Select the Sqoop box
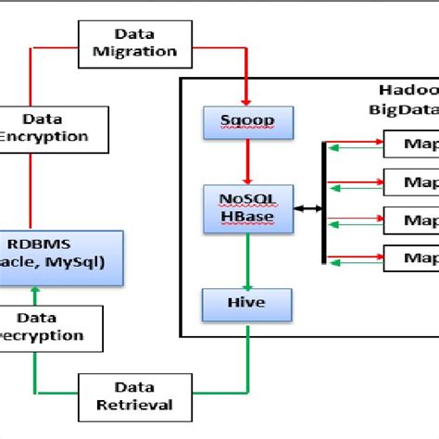(x=247, y=120)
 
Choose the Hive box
(x=247, y=303)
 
